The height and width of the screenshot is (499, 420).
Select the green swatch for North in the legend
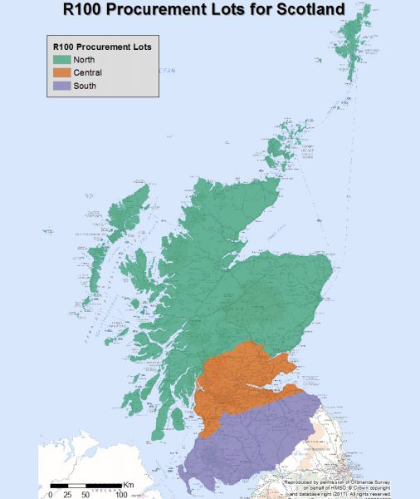click(x=61, y=60)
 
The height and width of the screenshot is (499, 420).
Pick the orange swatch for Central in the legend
click(x=61, y=72)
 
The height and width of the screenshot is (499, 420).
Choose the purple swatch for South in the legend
click(x=61, y=85)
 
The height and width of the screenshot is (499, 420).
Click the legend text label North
click(x=84, y=60)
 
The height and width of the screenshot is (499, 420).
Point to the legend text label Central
click(x=87, y=72)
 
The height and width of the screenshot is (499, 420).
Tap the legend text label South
click(x=84, y=85)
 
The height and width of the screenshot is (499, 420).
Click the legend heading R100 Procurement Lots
click(x=101, y=47)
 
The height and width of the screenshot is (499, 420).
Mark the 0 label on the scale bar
click(x=51, y=494)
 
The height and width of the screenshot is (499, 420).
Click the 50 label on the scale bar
click(x=86, y=494)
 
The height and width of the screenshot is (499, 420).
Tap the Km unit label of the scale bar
click(x=129, y=484)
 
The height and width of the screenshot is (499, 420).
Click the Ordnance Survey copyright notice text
click(x=349, y=487)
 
